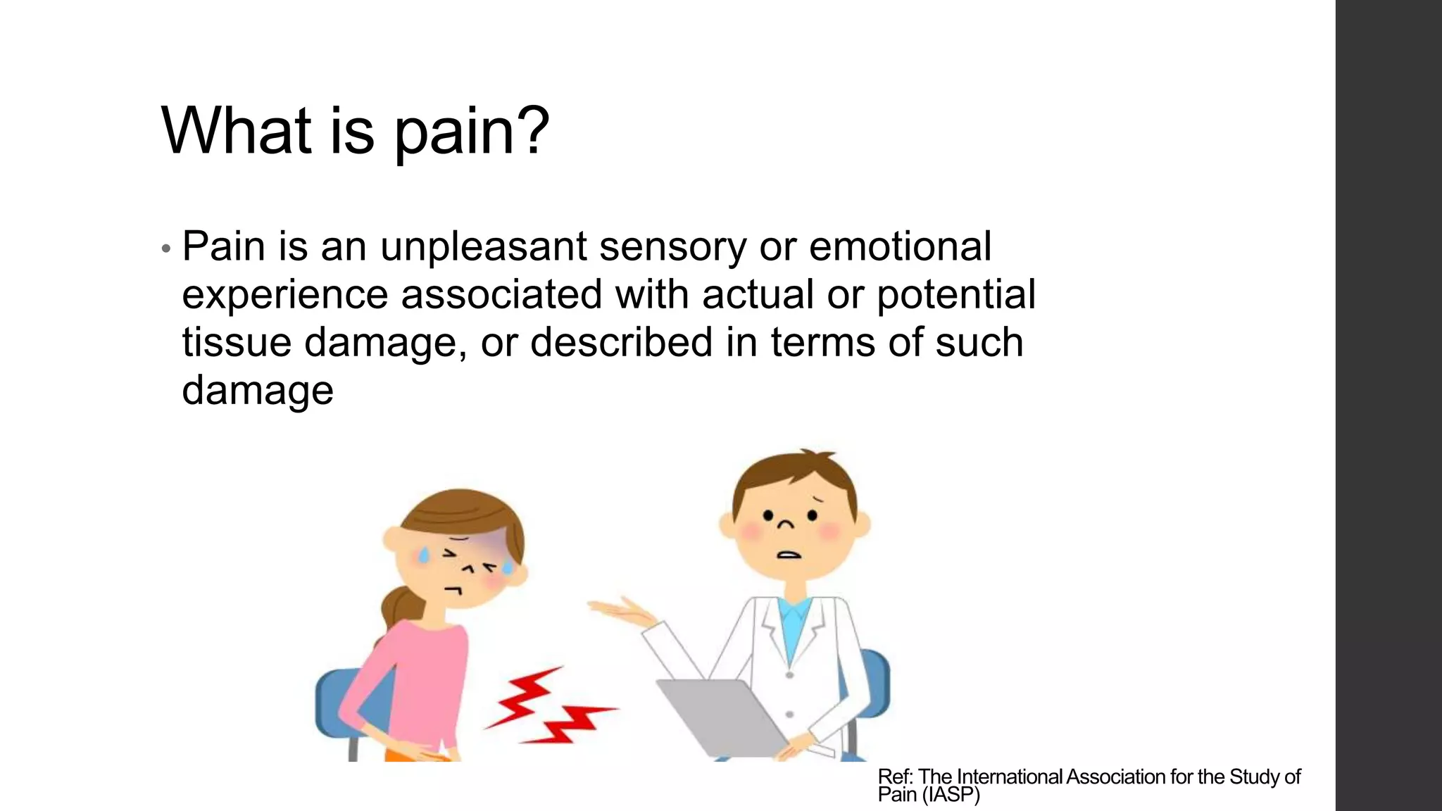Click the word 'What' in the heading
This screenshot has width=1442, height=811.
[x=236, y=130]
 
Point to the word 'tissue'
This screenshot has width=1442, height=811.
[x=237, y=342]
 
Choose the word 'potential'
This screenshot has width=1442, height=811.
[x=955, y=294]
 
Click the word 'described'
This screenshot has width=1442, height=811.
[x=621, y=342]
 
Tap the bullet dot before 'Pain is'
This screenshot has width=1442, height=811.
[x=165, y=249]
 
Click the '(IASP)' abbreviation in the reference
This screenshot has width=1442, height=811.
[x=950, y=795]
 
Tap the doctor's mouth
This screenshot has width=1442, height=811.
[x=789, y=554]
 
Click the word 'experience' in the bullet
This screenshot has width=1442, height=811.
[x=284, y=296]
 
